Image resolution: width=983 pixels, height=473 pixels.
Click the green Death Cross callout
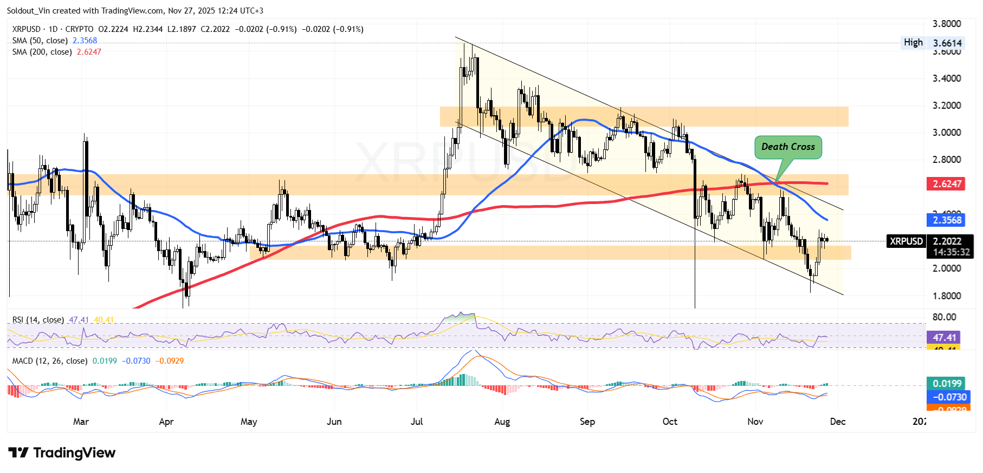point(788,147)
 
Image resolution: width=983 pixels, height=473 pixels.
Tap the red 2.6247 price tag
point(947,184)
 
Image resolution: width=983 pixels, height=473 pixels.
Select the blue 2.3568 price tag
point(947,220)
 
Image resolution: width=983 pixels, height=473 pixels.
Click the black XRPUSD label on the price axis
point(906,241)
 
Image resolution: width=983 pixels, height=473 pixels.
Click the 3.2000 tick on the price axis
point(946,106)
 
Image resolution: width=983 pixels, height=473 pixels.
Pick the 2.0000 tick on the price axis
point(946,268)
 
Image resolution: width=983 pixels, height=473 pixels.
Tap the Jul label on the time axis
point(417,422)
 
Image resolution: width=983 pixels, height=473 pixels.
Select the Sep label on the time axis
point(587,422)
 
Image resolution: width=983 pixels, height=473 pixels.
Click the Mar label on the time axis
point(81,422)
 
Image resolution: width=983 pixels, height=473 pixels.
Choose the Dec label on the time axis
point(837,422)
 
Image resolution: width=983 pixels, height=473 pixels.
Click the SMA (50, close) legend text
point(40,41)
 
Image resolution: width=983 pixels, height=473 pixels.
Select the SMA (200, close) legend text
point(42,52)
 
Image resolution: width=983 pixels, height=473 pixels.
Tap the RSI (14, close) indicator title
point(38,320)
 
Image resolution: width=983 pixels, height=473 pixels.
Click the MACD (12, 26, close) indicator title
point(50,361)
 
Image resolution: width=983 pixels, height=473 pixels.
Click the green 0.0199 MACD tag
point(947,384)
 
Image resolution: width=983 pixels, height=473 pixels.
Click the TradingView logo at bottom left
point(62,453)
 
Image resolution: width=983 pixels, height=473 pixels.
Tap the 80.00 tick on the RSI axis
point(944,317)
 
